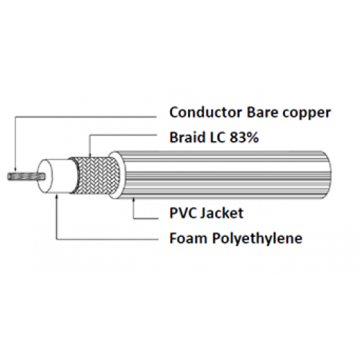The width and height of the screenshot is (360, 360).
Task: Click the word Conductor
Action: (x=206, y=112)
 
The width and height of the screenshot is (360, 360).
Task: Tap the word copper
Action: (x=306, y=114)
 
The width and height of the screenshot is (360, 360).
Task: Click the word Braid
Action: (x=187, y=137)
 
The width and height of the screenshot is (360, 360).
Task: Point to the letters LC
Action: (x=217, y=138)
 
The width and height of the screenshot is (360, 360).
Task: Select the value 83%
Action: (x=244, y=138)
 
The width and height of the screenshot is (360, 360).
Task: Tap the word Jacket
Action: (x=221, y=213)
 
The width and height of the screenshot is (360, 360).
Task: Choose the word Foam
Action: (x=188, y=238)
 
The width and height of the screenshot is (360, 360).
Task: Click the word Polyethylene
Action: (x=257, y=239)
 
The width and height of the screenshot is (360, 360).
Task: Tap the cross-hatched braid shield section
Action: (x=97, y=175)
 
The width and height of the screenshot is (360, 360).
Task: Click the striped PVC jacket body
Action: (x=223, y=175)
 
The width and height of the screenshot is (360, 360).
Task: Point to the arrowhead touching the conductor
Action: (x=15, y=169)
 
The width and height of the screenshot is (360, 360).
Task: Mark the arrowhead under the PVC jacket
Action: (x=133, y=200)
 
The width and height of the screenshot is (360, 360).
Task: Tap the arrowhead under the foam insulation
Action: (x=57, y=197)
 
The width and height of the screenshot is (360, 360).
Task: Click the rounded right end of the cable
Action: (x=327, y=175)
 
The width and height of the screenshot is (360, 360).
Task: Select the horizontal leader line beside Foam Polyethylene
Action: (x=107, y=239)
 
